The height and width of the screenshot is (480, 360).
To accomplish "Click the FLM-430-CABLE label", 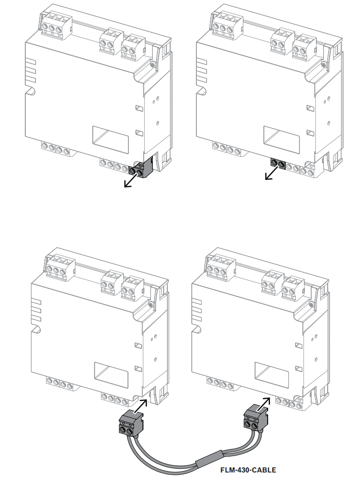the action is pos(248,470).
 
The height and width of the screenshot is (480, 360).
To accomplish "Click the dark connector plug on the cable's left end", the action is pos(131,423).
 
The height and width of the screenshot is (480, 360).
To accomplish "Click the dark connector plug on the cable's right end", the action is pos(255,418).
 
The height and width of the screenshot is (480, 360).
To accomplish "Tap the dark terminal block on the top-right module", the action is pos(278,164).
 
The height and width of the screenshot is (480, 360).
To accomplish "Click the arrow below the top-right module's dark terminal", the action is pos(272,173).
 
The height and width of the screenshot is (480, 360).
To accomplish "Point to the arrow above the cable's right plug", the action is pos(264,405).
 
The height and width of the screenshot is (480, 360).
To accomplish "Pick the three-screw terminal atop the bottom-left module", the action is pos(60,268).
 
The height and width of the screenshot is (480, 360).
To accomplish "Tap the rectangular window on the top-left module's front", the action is pos(111,139).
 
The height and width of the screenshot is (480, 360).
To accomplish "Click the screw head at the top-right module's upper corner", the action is pos(323,64).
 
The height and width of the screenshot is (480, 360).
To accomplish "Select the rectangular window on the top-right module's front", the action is pos(281,139).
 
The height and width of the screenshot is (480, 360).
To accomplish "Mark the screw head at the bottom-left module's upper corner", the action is pos(150,304).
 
